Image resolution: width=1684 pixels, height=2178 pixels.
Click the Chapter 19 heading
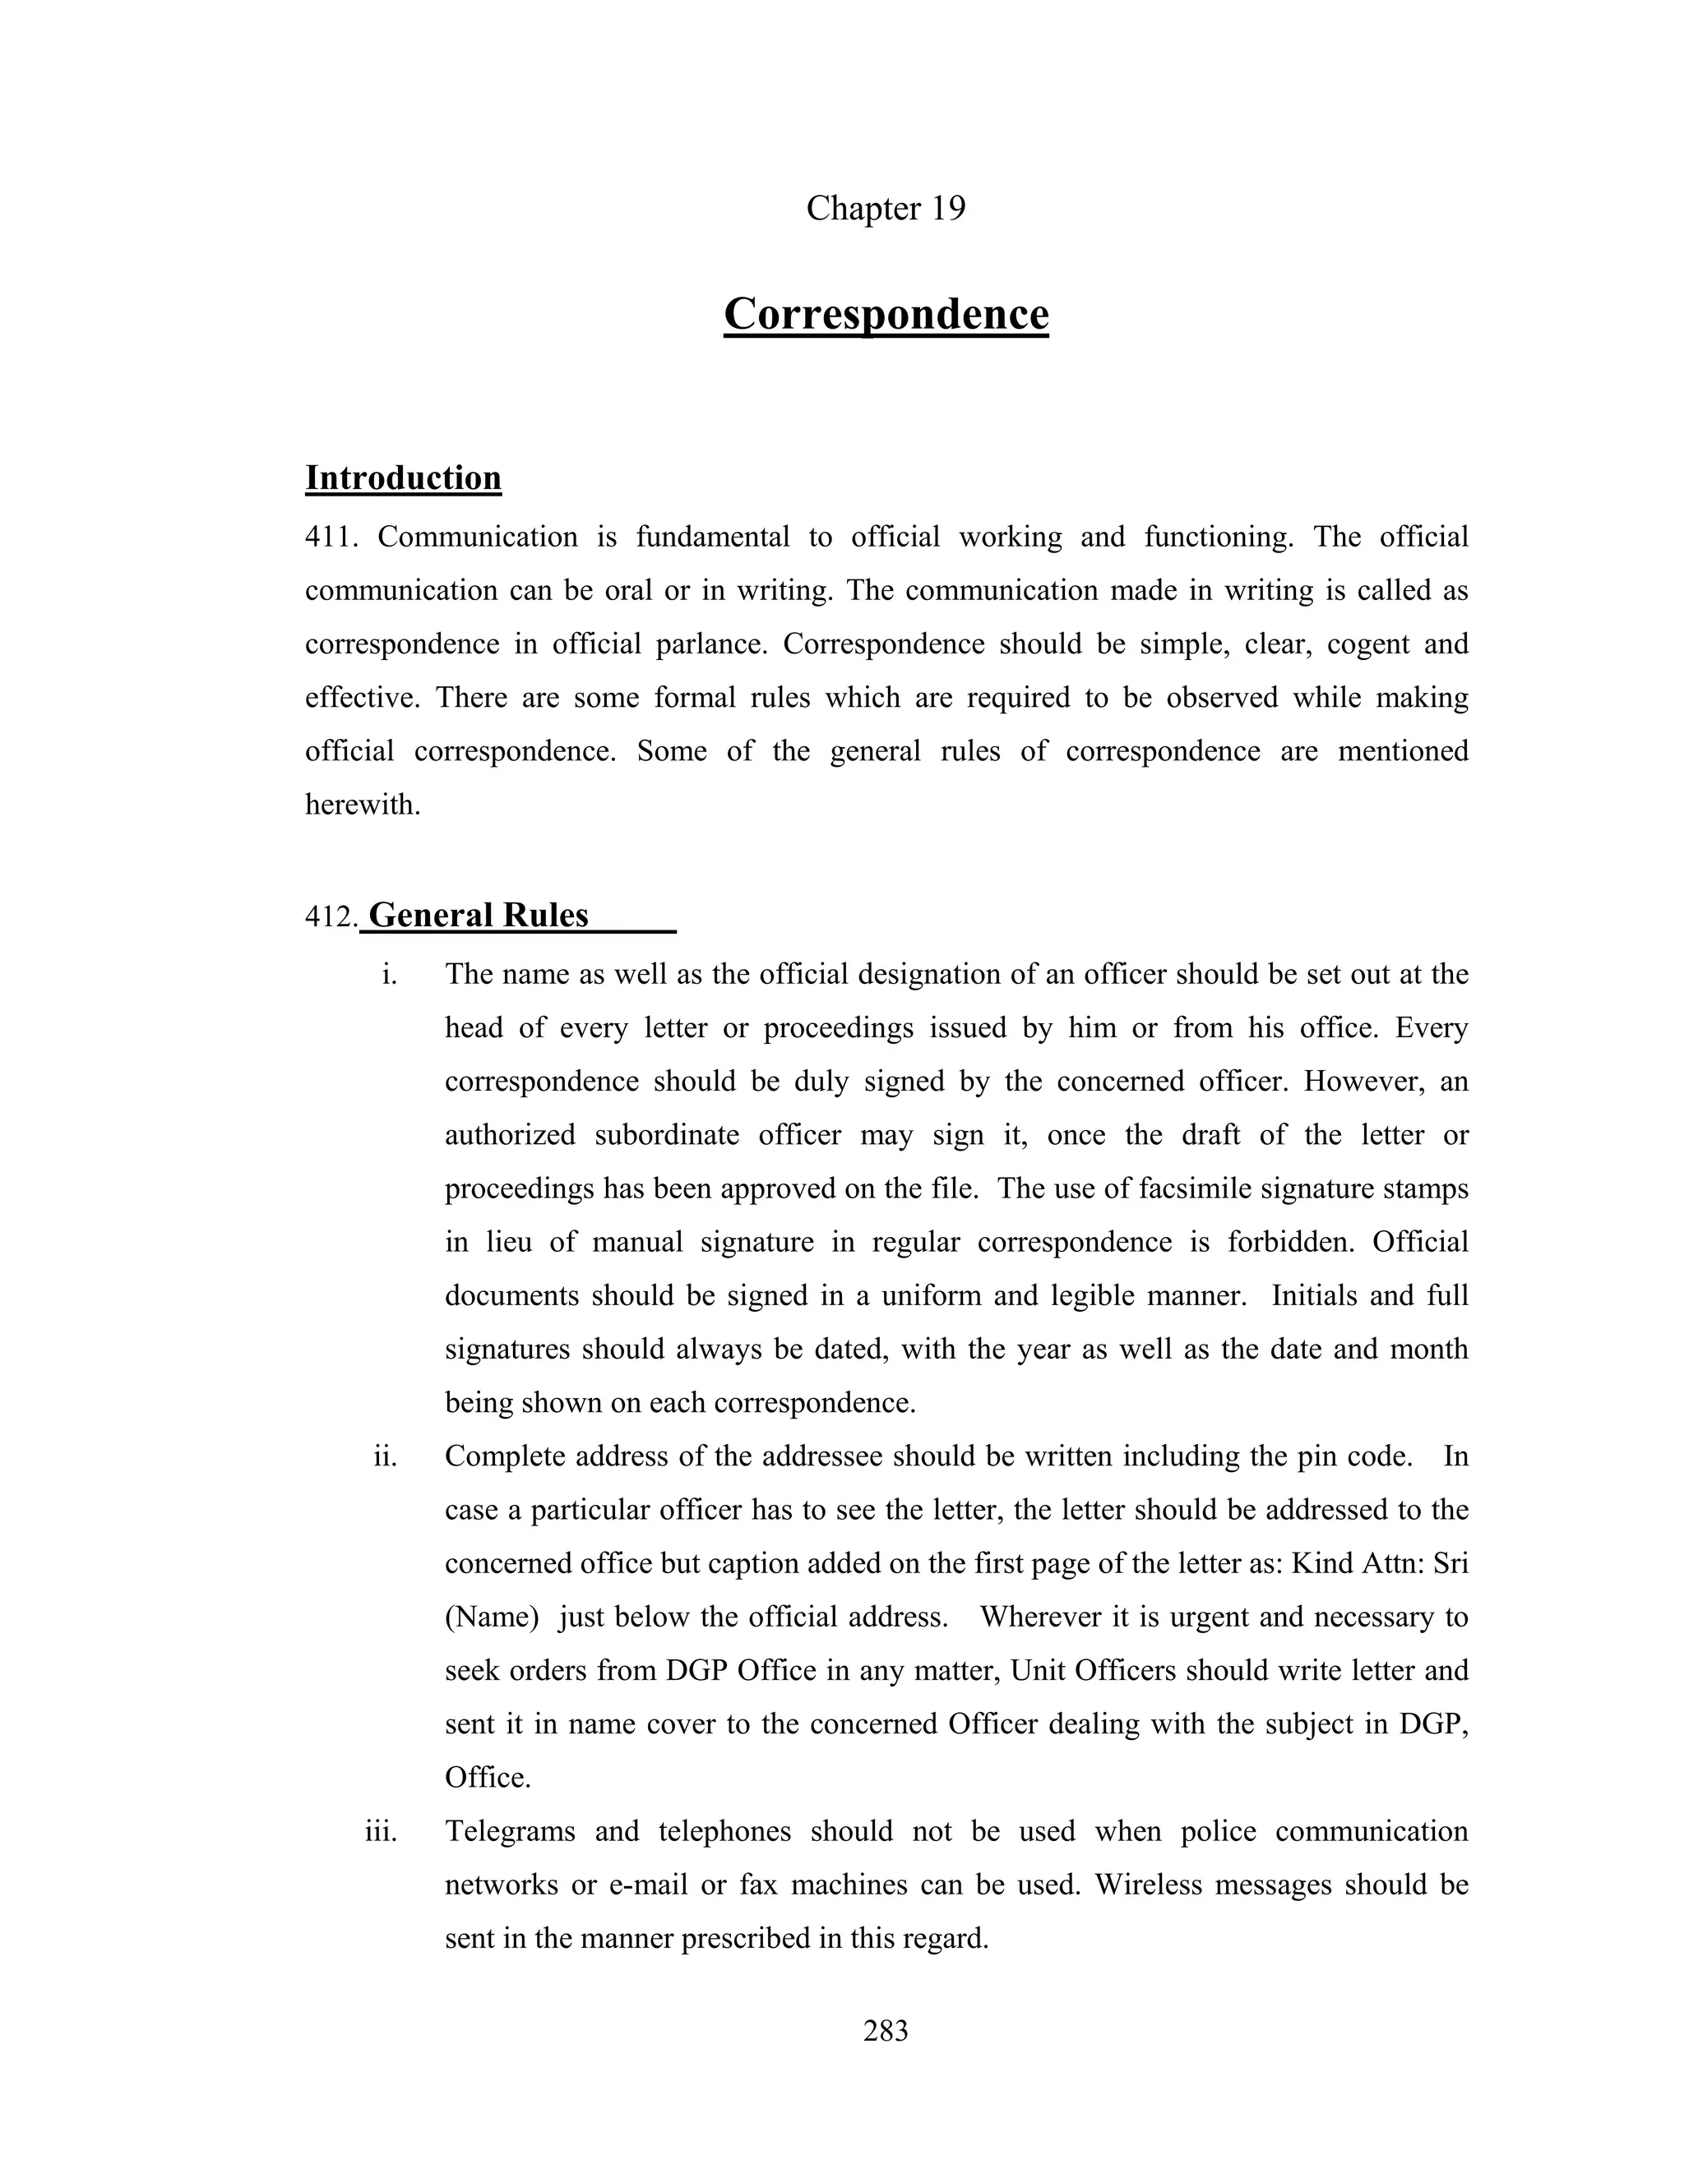(886, 209)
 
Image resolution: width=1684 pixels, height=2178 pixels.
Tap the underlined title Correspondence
(886, 314)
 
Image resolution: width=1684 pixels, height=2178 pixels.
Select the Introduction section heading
(403, 478)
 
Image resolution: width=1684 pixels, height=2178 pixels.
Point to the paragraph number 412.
(331, 916)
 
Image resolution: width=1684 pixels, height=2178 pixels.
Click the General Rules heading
(479, 916)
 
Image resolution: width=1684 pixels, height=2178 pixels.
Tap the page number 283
(886, 2030)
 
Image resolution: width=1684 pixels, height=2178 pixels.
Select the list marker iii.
(381, 1831)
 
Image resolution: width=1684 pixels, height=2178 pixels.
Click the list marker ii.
(385, 1457)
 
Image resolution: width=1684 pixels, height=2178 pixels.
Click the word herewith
(362, 805)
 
